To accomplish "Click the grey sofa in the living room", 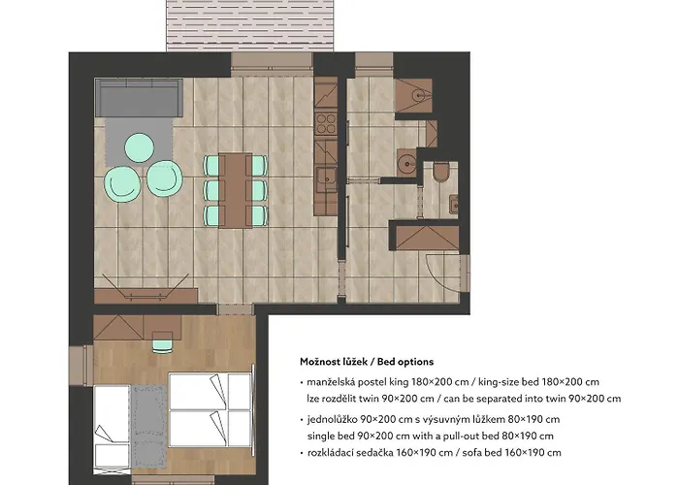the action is click(x=139, y=97).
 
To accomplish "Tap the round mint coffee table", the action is click(x=139, y=147).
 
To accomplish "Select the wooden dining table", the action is click(x=235, y=190).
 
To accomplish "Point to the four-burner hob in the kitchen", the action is click(x=326, y=123).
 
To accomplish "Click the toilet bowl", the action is click(x=441, y=173).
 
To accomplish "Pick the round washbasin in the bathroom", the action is click(x=406, y=163).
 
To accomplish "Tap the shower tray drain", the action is click(x=419, y=93).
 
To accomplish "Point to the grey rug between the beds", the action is click(x=148, y=426).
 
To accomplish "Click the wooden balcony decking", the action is click(x=250, y=25).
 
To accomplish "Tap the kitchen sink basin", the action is click(x=325, y=178).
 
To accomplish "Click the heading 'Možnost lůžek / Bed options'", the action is click(x=367, y=362).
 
